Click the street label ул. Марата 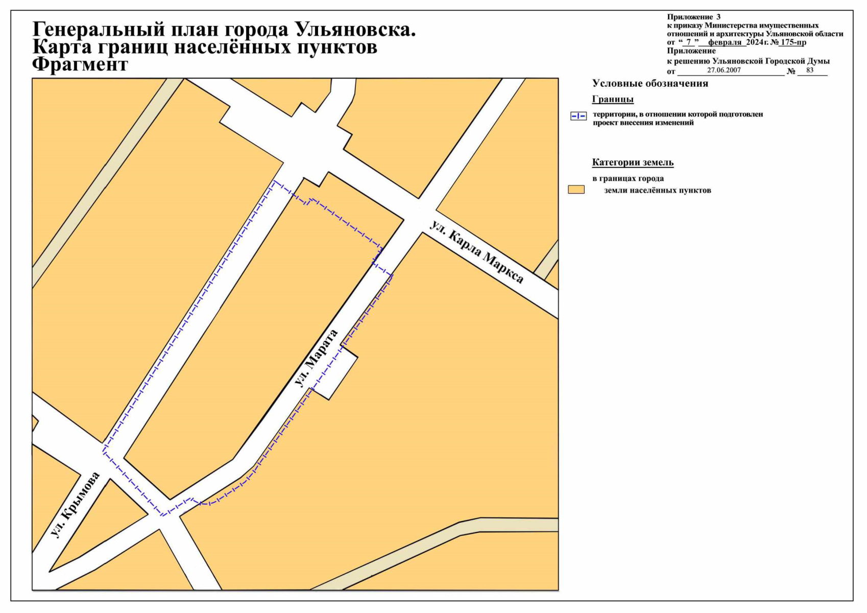point(317,358)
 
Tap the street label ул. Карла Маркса point(476,252)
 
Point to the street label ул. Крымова point(76,505)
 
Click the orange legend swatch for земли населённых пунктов point(576,190)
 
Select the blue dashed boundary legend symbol point(578,116)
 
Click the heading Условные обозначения point(649,84)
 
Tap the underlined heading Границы point(612,99)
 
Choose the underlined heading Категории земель point(633,162)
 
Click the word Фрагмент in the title point(80,65)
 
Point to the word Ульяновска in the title point(355,30)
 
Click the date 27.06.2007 point(724,70)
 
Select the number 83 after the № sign point(810,70)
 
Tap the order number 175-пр point(792,42)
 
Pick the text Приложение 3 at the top point(693,17)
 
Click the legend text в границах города point(628,179)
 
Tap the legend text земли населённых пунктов point(657,191)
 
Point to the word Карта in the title point(62,47)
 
